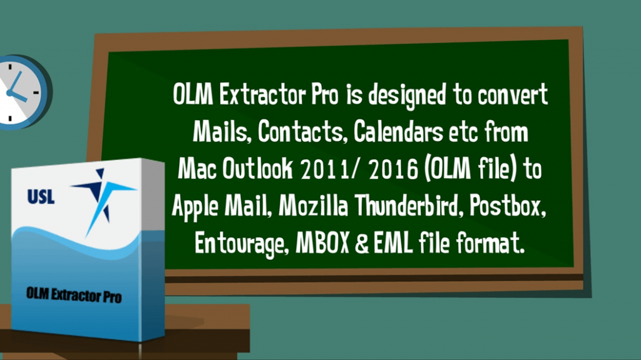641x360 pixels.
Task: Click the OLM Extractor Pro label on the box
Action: [73, 294]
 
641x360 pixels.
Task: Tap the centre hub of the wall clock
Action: [9, 92]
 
